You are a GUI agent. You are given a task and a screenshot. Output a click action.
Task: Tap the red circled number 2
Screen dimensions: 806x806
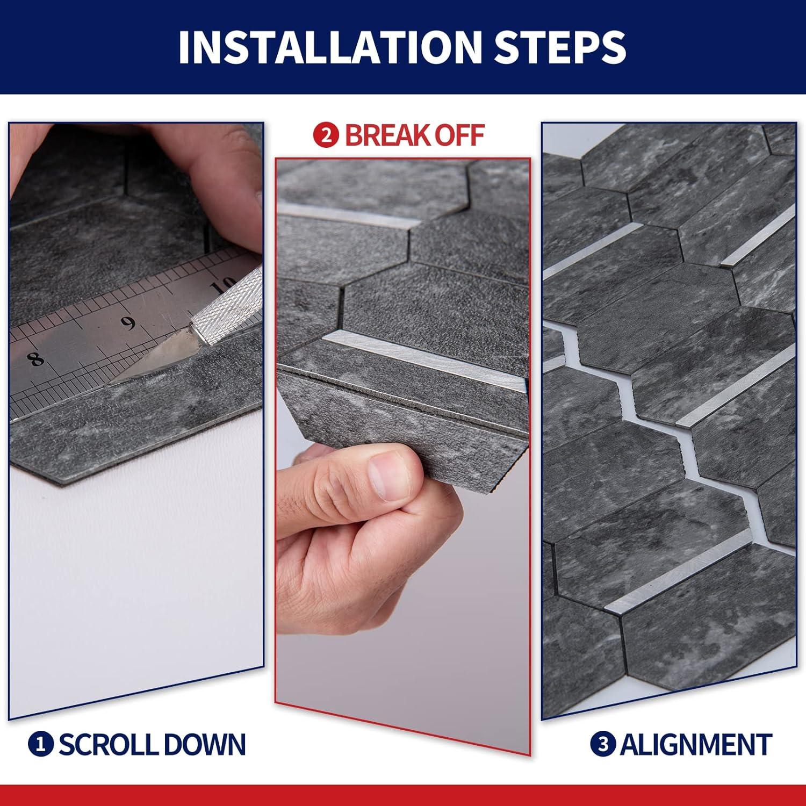pos(326,135)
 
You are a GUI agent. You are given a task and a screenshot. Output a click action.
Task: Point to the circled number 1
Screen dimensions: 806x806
pos(41,745)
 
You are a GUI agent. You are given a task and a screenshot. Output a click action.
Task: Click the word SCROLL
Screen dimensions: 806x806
pos(107,745)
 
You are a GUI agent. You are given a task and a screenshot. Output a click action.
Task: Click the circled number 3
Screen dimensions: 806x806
pos(603,745)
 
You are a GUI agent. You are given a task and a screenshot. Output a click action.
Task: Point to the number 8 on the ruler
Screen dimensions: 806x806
pos(37,358)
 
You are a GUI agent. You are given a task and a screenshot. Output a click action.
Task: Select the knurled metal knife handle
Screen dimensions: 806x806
pos(226,298)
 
